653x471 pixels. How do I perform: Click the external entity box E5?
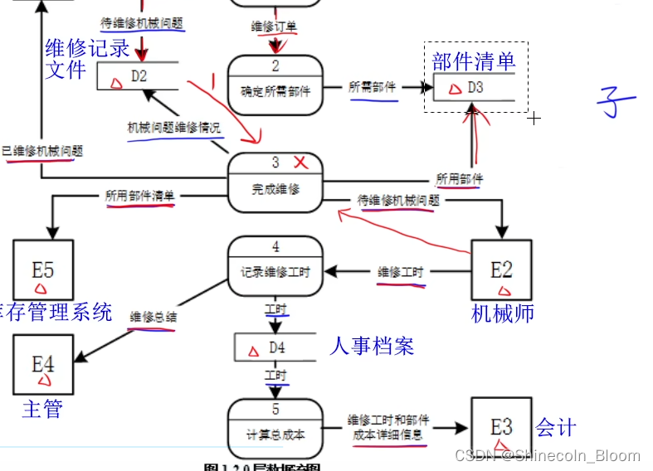point(43,270)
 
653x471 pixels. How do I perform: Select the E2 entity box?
point(501,270)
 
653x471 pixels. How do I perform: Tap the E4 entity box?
point(43,364)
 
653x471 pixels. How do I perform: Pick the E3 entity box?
point(501,427)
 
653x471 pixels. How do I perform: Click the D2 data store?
point(138,76)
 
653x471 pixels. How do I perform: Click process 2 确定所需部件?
point(275,83)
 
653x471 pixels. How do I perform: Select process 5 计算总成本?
point(275,426)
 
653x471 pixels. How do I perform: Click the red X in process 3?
point(300,162)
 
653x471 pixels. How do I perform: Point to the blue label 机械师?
point(503,313)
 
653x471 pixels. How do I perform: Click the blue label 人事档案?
point(372,345)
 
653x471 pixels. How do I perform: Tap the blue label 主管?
point(42,409)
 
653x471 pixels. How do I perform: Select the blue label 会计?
point(556,428)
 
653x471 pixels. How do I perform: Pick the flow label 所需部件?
point(373,86)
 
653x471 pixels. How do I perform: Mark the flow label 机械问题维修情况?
point(174,128)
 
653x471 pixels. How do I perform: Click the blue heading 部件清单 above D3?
point(474,61)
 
